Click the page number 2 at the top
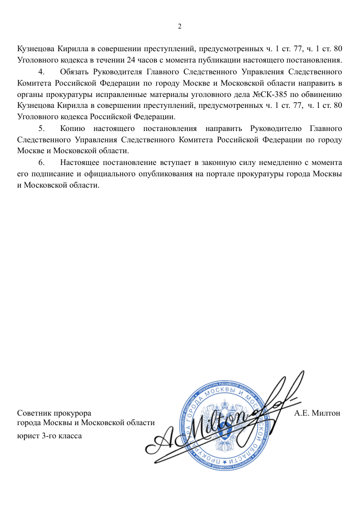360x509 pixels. point(179,26)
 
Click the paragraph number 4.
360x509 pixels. point(42,72)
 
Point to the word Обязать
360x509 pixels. point(74,72)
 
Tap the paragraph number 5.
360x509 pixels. point(42,128)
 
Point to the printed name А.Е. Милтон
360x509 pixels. point(317,413)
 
